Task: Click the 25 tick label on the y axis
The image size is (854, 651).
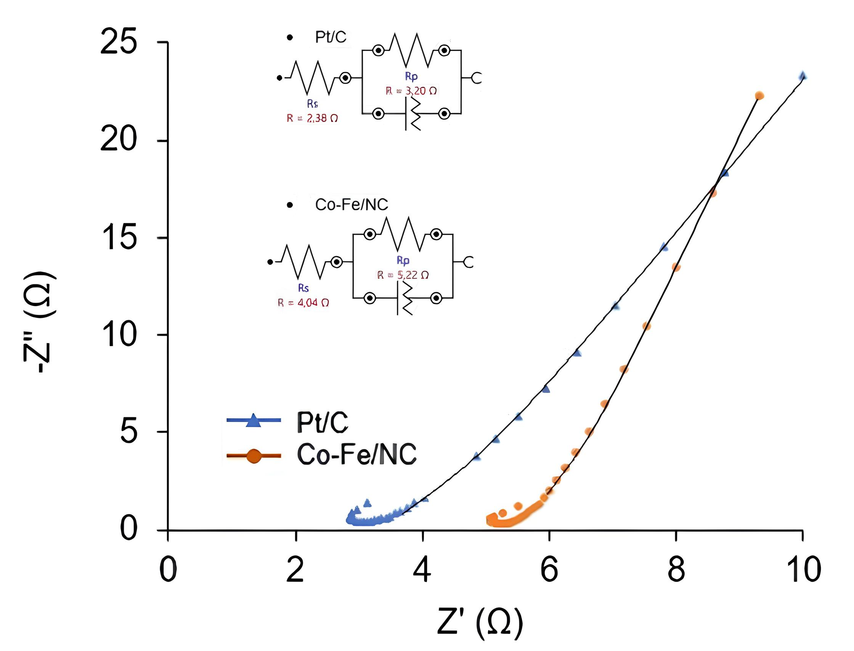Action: pyautogui.click(x=119, y=42)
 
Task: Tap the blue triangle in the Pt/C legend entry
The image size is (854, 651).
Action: pyautogui.click(x=254, y=420)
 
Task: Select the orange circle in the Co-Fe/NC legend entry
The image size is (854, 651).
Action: pyautogui.click(x=254, y=456)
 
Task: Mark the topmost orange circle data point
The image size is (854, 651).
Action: pyautogui.click(x=759, y=96)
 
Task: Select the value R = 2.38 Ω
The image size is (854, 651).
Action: pyautogui.click(x=312, y=118)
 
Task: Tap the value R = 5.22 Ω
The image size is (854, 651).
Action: pyautogui.click(x=403, y=275)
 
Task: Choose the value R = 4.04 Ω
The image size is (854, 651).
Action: pyautogui.click(x=303, y=303)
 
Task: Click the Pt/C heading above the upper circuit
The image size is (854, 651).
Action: pyautogui.click(x=331, y=37)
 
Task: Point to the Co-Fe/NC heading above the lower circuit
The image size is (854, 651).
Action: pyautogui.click(x=351, y=205)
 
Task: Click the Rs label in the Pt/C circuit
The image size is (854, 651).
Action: pyautogui.click(x=313, y=104)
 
